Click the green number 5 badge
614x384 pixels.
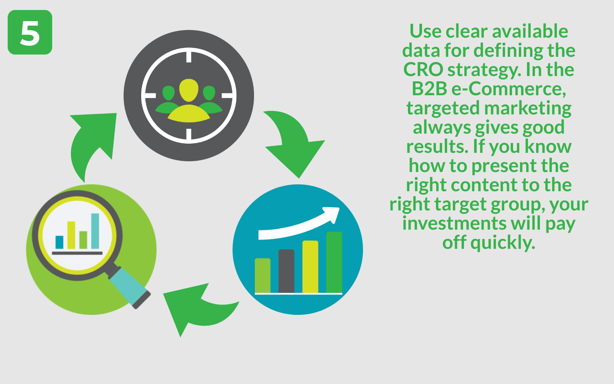(x=30, y=32)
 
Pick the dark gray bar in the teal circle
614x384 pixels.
(x=286, y=271)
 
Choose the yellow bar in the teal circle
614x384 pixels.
(x=310, y=267)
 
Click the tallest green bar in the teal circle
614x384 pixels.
(x=334, y=263)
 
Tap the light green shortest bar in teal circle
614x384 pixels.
(x=262, y=276)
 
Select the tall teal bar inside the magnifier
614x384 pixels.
(x=95, y=231)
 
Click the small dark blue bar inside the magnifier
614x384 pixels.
(x=59, y=242)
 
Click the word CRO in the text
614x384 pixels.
(x=423, y=70)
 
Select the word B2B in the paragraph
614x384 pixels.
(x=429, y=89)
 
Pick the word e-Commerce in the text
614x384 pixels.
(x=509, y=89)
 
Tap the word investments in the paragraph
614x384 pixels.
(x=454, y=223)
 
